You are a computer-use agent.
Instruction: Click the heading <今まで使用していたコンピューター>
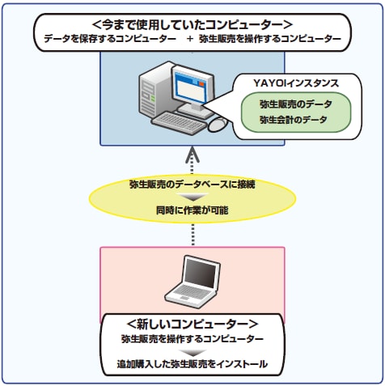192,25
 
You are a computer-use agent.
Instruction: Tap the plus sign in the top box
190,39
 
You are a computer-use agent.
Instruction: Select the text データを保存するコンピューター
110,39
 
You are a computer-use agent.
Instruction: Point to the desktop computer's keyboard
179,123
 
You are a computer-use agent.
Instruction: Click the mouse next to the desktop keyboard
218,125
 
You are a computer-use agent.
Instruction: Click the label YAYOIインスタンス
296,83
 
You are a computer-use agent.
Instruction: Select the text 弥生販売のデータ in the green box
296,104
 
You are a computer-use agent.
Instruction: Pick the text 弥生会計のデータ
294,120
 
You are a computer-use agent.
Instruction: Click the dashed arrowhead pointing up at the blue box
192,155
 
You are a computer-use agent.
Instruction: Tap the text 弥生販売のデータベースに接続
192,185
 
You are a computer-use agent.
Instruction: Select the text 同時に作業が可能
192,210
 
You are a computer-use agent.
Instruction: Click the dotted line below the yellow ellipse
192,234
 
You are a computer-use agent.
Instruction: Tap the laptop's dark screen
201,273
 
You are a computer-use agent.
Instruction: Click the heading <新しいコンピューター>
192,324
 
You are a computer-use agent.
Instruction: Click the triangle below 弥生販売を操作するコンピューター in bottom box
192,353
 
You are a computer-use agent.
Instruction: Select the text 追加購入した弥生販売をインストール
192,364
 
